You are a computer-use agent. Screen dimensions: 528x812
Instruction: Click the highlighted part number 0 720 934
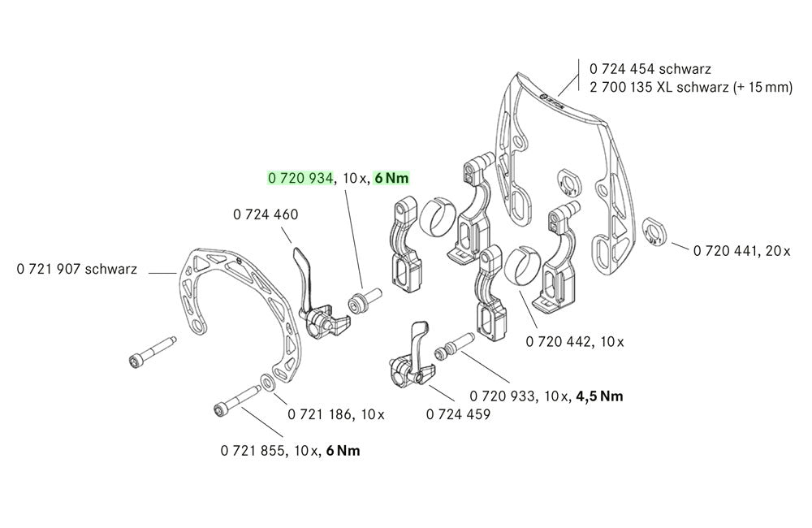(300, 178)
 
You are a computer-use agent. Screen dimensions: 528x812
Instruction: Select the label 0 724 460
(266, 215)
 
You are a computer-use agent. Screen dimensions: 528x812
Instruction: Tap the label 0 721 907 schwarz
(76, 268)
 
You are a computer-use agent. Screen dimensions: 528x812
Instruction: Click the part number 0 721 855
(252, 450)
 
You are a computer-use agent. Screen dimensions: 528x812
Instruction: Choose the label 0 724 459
(458, 413)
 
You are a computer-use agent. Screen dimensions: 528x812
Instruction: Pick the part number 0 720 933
(503, 396)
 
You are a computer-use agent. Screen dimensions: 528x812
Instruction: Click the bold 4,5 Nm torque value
(599, 396)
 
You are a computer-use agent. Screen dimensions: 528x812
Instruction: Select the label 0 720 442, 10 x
(575, 342)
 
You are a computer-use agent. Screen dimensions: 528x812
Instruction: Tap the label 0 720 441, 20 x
(741, 251)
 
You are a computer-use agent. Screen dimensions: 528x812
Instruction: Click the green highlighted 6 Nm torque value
(391, 178)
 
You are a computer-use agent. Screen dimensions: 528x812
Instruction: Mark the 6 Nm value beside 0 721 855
(341, 450)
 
